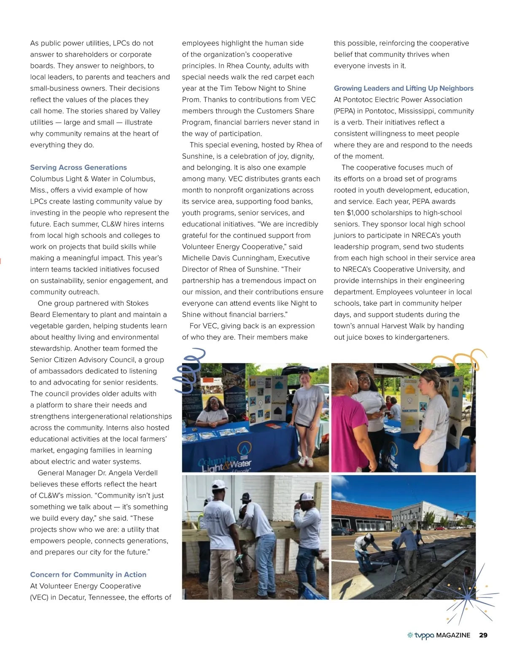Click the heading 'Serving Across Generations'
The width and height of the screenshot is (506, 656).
point(78,167)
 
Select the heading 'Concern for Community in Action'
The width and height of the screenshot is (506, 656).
point(88,574)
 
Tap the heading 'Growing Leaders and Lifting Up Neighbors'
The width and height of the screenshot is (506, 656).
point(404,88)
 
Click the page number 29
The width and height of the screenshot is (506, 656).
point(483,635)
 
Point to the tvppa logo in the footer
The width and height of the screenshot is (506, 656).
point(421,635)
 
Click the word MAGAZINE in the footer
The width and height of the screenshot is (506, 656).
point(453,635)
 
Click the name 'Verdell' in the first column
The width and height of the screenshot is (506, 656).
point(145,473)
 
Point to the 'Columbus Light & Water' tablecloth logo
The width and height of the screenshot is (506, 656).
point(226,461)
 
